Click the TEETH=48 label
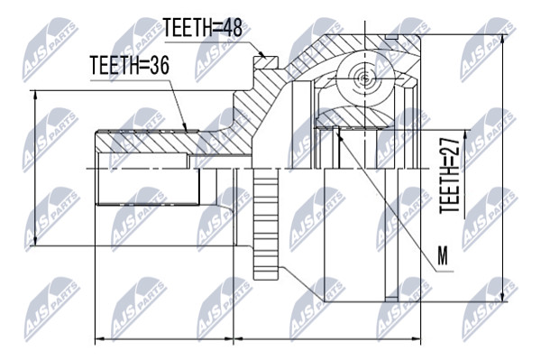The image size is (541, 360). point(203,28)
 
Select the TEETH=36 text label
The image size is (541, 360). point(129,65)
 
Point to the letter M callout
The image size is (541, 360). point(443,256)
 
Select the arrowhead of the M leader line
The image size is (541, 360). point(340,136)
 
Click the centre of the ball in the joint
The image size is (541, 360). point(365,78)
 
